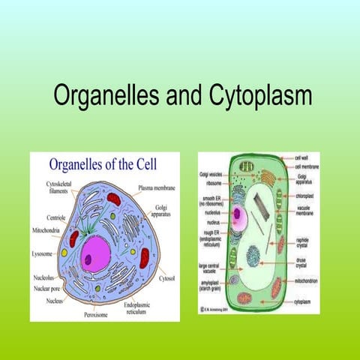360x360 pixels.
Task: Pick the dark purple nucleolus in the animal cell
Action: pyautogui.click(x=89, y=259)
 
